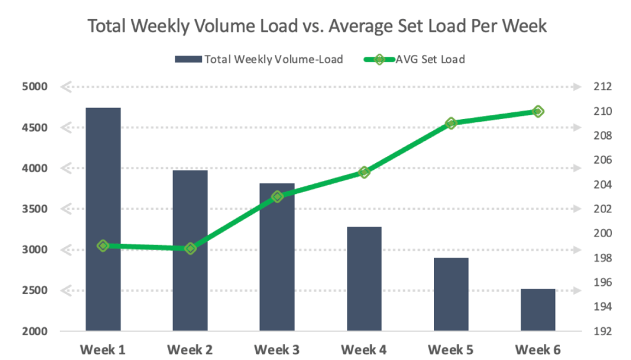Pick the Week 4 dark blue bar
pos(364,278)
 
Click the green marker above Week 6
pos(538,111)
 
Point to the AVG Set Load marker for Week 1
pos(103,246)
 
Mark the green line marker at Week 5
pos(451,123)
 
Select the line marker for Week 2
pos(190,248)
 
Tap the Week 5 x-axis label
pos(451,350)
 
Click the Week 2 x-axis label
pos(190,350)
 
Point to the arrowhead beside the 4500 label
pos(65,128)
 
